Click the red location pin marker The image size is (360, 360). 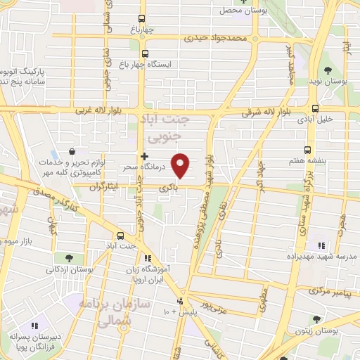181,165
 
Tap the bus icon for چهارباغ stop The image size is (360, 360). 142,19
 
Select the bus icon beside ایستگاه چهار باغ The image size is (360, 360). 145,53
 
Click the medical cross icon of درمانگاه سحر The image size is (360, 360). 144,156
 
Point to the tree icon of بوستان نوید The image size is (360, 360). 328,70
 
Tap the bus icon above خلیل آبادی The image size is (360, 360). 314,109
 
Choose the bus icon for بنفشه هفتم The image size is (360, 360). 307,150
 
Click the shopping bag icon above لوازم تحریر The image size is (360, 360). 72,151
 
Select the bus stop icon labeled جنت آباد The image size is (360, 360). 120,236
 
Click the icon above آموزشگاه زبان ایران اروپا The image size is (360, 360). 148,258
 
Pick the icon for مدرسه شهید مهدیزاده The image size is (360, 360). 321,245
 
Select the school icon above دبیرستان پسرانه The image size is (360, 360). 33,326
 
